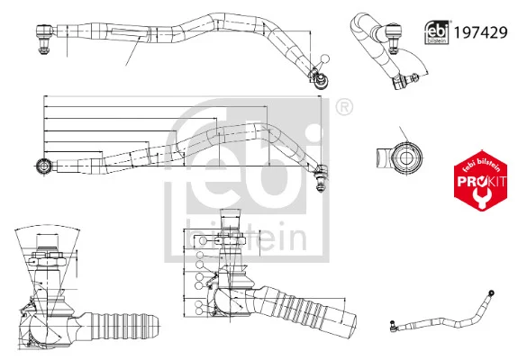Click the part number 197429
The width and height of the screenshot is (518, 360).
481,32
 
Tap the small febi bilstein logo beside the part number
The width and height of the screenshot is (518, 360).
437,32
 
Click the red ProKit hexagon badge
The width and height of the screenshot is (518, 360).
481,181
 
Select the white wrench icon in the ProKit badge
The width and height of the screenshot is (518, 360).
481,197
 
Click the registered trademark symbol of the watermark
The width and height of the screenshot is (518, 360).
344,107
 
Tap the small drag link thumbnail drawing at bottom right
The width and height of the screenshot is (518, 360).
442,310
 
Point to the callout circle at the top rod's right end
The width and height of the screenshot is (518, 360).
325,58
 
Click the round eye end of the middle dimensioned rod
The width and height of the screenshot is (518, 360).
43,166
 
